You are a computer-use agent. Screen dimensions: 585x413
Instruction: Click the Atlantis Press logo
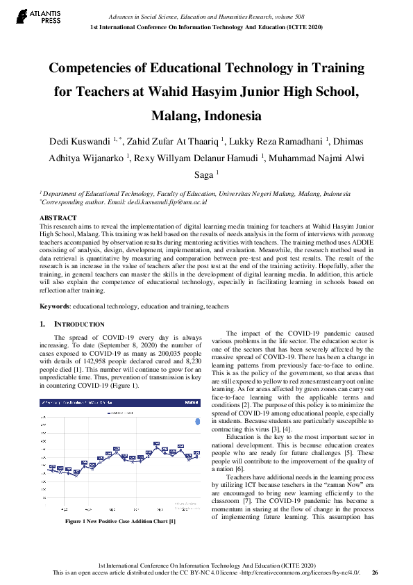pyautogui.click(x=27, y=17)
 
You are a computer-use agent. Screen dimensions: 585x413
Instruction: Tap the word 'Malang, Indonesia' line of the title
pyautogui.click(x=206, y=115)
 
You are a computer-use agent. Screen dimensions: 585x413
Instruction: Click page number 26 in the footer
pyautogui.click(x=375, y=572)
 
